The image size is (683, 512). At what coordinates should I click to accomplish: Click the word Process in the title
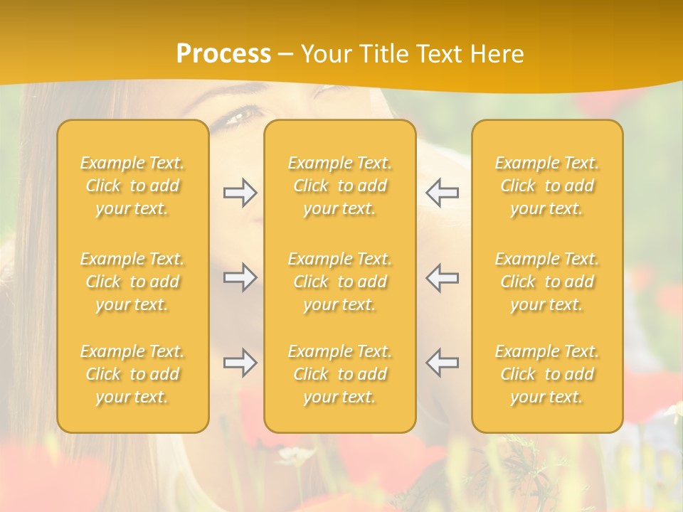click(223, 53)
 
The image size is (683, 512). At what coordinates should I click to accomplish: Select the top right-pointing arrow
click(240, 193)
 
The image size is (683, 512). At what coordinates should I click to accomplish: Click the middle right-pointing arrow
click(240, 277)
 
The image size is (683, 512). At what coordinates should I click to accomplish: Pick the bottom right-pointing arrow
click(240, 363)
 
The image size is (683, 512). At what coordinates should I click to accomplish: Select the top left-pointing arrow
click(442, 193)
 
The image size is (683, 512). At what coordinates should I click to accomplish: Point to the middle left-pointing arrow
click(442, 277)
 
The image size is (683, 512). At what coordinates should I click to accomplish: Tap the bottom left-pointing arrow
click(442, 363)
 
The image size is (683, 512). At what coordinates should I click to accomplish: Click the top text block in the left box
click(132, 186)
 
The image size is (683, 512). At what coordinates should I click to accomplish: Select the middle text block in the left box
click(132, 282)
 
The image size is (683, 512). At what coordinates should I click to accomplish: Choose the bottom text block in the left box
click(132, 374)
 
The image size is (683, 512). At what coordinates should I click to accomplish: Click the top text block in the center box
click(340, 186)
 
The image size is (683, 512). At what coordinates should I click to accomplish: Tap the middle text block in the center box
click(340, 282)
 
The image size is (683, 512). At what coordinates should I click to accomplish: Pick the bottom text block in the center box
click(340, 374)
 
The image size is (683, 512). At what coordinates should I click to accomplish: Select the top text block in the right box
click(547, 186)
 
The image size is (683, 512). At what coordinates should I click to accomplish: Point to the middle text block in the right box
click(547, 282)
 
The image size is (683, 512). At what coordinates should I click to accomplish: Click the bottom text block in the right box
click(547, 374)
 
